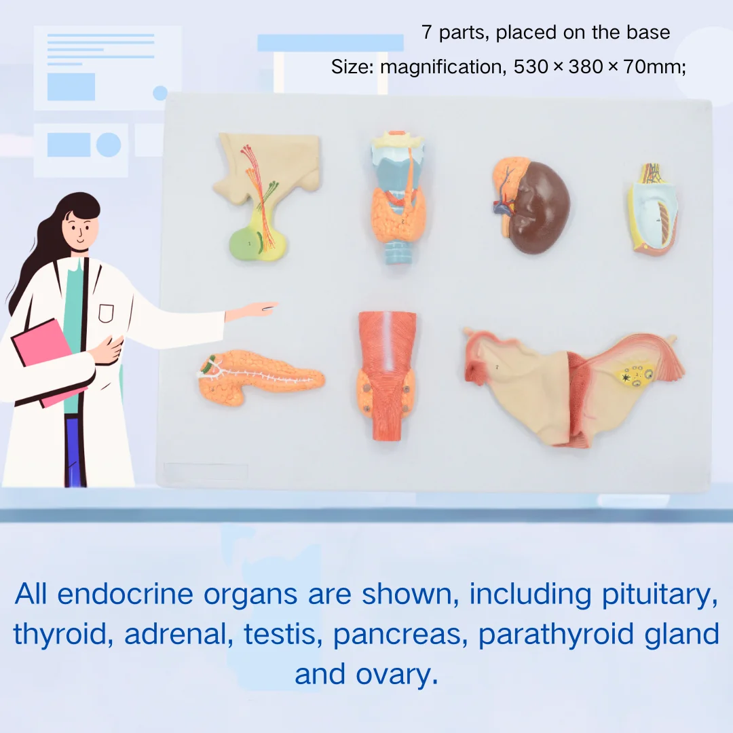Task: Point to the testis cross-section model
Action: (x=652, y=209)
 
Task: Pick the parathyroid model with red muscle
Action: (x=387, y=376)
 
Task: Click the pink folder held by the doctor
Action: (x=47, y=360)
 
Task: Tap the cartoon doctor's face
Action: (x=79, y=228)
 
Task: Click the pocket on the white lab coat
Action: (x=106, y=313)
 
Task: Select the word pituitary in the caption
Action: (x=659, y=595)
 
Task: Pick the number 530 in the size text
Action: (x=531, y=67)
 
